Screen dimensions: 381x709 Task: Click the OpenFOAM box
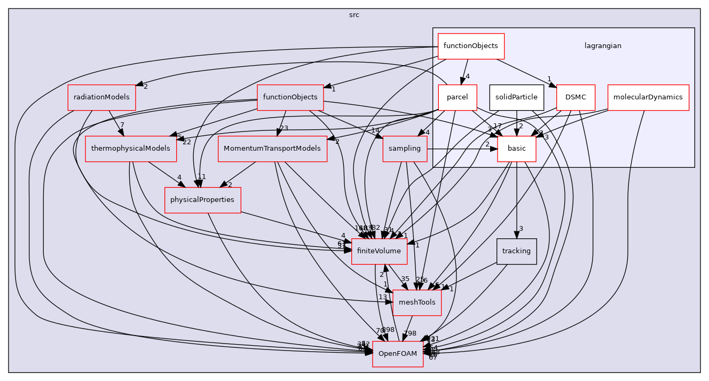398,354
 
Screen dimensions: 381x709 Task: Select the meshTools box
417,302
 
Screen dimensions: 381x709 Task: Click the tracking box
516,251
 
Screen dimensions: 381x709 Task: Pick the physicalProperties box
202,200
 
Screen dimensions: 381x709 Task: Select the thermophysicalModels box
131,149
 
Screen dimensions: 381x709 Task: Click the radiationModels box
101,97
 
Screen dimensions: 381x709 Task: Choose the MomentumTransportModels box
272,149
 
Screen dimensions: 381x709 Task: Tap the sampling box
405,149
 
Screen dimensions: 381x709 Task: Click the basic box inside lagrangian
516,149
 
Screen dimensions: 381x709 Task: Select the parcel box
457,97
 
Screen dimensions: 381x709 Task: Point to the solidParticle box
516,97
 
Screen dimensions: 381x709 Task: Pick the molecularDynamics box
648,97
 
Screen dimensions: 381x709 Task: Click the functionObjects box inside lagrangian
471,46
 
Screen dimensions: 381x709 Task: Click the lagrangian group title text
603,46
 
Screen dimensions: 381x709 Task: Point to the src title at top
354,15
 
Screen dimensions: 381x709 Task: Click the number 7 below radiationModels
123,125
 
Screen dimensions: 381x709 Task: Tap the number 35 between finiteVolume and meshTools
405,279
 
